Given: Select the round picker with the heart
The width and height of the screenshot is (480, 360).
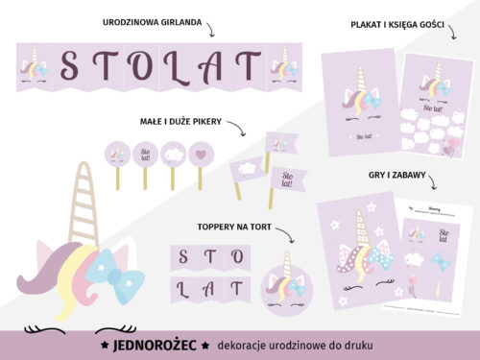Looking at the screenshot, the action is (x=200, y=153).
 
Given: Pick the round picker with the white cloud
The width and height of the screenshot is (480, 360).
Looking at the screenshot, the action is (x=173, y=153).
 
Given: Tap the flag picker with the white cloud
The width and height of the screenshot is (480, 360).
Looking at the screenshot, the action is (x=247, y=169).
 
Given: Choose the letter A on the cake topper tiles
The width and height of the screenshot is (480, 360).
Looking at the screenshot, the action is (x=210, y=287).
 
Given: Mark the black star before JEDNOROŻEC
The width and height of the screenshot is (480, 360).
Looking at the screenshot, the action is (x=104, y=343).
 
